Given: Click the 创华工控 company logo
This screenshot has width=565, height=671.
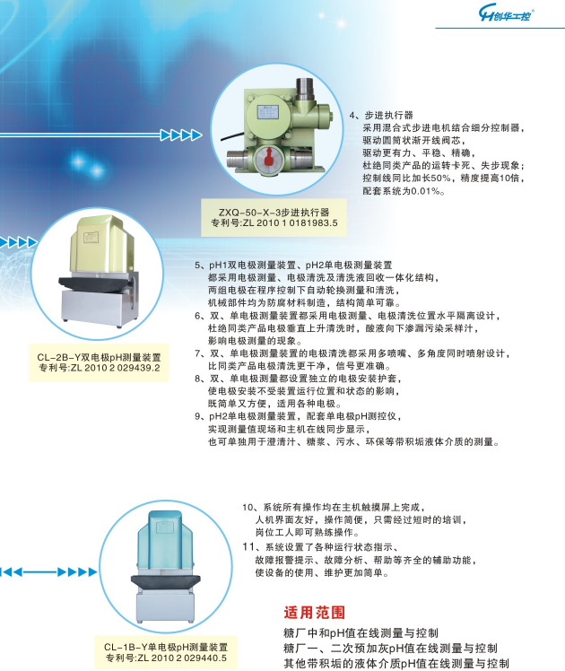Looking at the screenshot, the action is click(507, 14).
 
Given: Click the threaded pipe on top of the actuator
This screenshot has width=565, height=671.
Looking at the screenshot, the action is click(305, 89).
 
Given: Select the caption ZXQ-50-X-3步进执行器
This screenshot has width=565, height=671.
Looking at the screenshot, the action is click(274, 213).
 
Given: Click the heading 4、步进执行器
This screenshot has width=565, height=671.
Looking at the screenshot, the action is click(381, 115).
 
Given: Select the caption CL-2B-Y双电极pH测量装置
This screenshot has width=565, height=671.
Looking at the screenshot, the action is click(99, 357).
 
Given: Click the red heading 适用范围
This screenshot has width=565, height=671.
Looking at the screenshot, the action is click(315, 613).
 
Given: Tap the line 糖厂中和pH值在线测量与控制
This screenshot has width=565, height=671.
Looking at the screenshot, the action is click(361, 633).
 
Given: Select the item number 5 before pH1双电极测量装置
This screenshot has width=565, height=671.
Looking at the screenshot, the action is click(197, 266).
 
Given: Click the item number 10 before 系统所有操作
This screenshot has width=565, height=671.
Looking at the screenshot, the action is click(248, 508).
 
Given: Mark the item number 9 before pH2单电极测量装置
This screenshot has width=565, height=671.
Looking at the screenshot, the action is click(197, 416).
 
